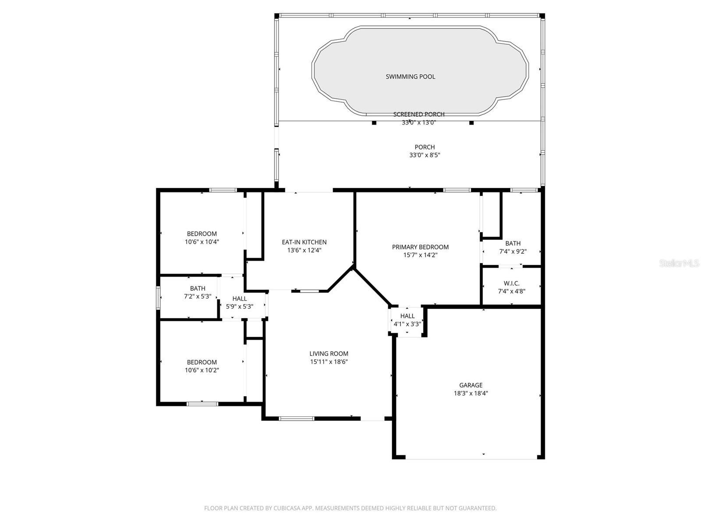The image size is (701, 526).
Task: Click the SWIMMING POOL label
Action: (410, 77)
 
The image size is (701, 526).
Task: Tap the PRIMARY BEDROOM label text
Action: (420, 247)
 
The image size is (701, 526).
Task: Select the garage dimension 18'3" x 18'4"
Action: (471, 394)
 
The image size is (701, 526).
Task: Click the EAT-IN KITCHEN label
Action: (304, 242)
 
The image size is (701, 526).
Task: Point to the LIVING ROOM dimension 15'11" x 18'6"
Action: (329, 362)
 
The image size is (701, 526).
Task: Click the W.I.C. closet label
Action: (511, 284)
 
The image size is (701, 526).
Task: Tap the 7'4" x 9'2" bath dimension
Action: (513, 252)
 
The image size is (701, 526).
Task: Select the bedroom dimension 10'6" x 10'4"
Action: (202, 242)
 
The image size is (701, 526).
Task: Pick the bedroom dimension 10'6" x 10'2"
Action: (202, 370)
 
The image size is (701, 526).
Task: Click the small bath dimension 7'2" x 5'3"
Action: (197, 296)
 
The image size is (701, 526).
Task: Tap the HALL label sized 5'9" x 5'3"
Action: (239, 299)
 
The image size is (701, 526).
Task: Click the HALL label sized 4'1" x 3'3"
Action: (407, 316)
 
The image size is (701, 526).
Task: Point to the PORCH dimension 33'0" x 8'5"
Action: (425, 155)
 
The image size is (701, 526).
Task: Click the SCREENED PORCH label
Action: (418, 114)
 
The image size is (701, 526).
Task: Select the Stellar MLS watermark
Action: (679, 263)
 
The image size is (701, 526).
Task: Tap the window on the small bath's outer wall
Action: (158, 298)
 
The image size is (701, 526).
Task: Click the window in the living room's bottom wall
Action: (297, 419)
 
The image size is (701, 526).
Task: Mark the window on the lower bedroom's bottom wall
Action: (202, 404)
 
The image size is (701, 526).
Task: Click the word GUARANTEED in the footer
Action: (479, 508)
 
